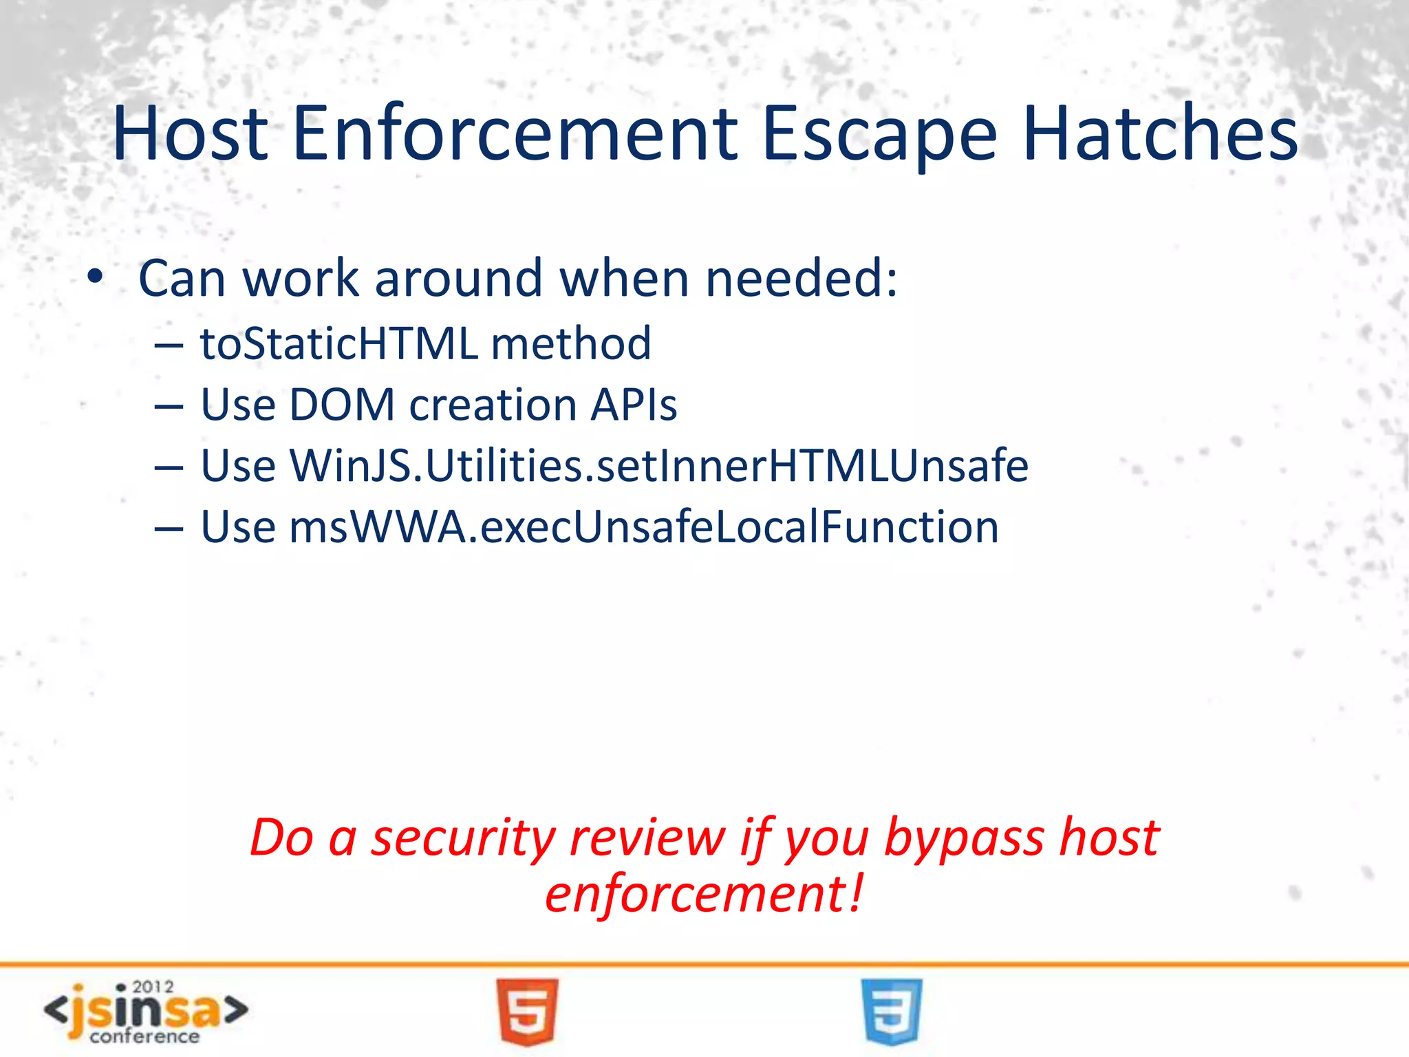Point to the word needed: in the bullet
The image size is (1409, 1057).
(x=802, y=278)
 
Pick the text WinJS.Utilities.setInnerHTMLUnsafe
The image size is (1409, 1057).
(x=658, y=465)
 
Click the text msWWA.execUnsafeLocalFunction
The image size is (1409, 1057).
(x=643, y=526)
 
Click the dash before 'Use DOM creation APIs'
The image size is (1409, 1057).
(x=169, y=407)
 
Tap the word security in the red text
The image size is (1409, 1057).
(x=462, y=838)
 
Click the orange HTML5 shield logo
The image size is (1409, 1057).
(x=528, y=1011)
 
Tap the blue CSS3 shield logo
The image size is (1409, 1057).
(x=892, y=1011)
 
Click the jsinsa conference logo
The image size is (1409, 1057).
(x=146, y=1012)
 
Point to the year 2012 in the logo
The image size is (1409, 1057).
(x=153, y=987)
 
